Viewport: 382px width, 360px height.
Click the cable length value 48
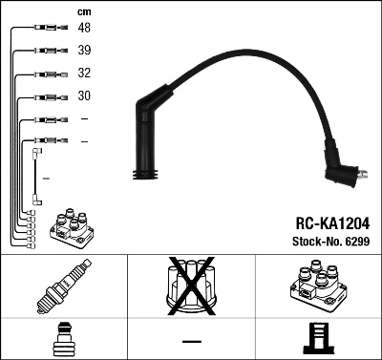tap(85, 29)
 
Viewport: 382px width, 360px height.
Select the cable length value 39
tap(85, 51)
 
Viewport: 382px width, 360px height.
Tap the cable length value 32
tap(85, 74)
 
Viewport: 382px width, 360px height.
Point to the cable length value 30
tap(85, 96)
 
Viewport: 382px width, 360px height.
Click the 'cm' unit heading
tap(84, 11)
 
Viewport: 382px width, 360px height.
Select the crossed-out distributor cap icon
tap(191, 287)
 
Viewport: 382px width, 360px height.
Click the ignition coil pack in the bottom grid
tap(317, 287)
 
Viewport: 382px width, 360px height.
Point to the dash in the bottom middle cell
tap(191, 340)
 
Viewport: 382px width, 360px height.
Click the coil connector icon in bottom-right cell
tap(317, 339)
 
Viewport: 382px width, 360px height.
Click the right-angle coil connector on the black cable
tap(341, 173)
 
